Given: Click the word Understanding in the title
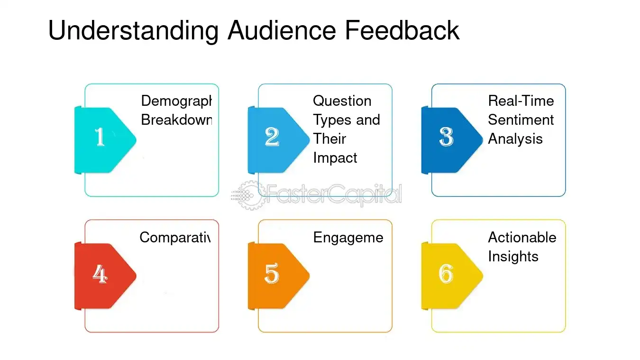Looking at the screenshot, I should [133, 31].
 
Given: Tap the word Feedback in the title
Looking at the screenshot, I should [402, 31].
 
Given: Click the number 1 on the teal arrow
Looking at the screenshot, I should [100, 137].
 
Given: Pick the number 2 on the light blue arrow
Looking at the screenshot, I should [272, 137].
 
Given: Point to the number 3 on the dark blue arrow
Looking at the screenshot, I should [446, 137].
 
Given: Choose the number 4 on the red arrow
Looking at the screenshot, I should [100, 274].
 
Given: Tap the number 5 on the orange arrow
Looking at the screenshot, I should [272, 274].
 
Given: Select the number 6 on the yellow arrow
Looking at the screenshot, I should [446, 274].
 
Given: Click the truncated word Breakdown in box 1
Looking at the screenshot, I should [176, 120].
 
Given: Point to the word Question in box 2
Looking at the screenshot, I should [342, 101].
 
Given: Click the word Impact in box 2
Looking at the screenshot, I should [335, 158].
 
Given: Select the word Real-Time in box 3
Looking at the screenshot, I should [521, 101].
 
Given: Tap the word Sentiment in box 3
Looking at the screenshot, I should [521, 120].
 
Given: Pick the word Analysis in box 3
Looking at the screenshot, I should [515, 139].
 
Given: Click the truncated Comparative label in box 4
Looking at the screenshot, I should [174, 237].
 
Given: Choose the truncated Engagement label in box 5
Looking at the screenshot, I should [348, 238].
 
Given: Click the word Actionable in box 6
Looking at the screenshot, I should [522, 237].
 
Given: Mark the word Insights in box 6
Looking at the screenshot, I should [513, 257].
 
